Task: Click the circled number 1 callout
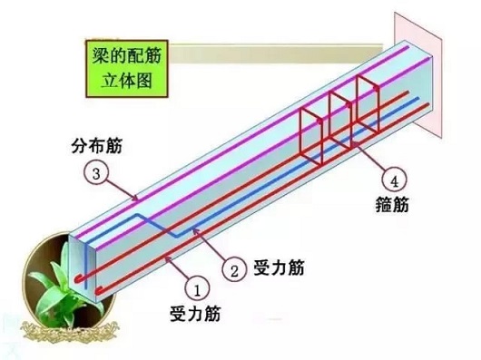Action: point(196,287)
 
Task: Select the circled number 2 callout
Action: point(233,269)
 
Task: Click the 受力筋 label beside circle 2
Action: point(279,269)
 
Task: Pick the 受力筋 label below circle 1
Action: point(194,315)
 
